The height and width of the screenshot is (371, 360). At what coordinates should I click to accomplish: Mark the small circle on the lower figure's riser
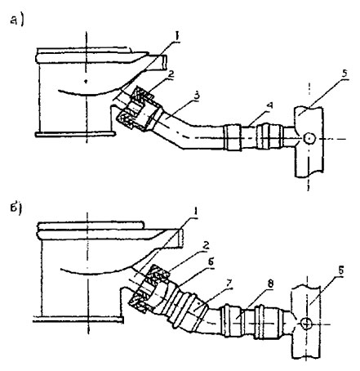pos(307,323)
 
